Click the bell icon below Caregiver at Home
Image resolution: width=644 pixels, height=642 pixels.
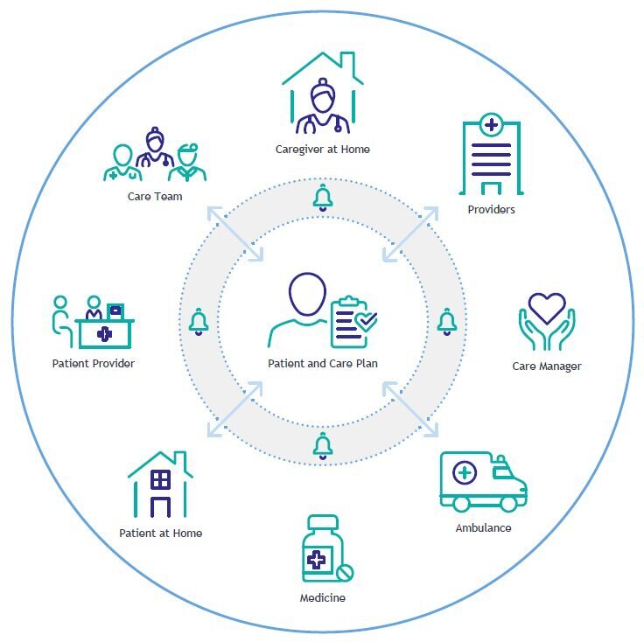click(x=323, y=198)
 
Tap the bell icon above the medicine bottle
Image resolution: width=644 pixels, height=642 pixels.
click(x=323, y=446)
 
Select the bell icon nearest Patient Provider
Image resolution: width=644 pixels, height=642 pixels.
click(x=199, y=322)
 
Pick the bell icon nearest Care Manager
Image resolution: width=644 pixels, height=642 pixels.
click(x=447, y=322)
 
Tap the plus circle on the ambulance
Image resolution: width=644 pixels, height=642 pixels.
click(x=465, y=473)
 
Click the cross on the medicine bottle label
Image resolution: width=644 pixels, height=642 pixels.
click(x=316, y=560)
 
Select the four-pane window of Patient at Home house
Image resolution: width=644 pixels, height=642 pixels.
click(x=161, y=479)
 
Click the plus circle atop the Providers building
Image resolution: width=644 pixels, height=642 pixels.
click(x=491, y=125)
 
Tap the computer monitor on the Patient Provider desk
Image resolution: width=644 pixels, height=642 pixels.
click(x=115, y=311)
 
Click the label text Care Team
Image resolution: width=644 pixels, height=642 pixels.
click(x=155, y=197)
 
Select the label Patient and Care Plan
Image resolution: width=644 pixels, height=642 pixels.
click(x=323, y=364)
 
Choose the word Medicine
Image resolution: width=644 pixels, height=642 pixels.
click(x=323, y=597)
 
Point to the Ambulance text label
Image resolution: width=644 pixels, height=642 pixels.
click(x=483, y=528)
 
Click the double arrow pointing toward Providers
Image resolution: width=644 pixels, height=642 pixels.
click(x=410, y=234)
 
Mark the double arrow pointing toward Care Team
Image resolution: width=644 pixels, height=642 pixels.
click(x=234, y=234)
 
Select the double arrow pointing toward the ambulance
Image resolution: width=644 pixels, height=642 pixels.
click(x=410, y=409)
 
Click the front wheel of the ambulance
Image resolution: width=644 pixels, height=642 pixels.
click(x=509, y=503)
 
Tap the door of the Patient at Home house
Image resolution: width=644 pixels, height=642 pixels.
click(x=161, y=507)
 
